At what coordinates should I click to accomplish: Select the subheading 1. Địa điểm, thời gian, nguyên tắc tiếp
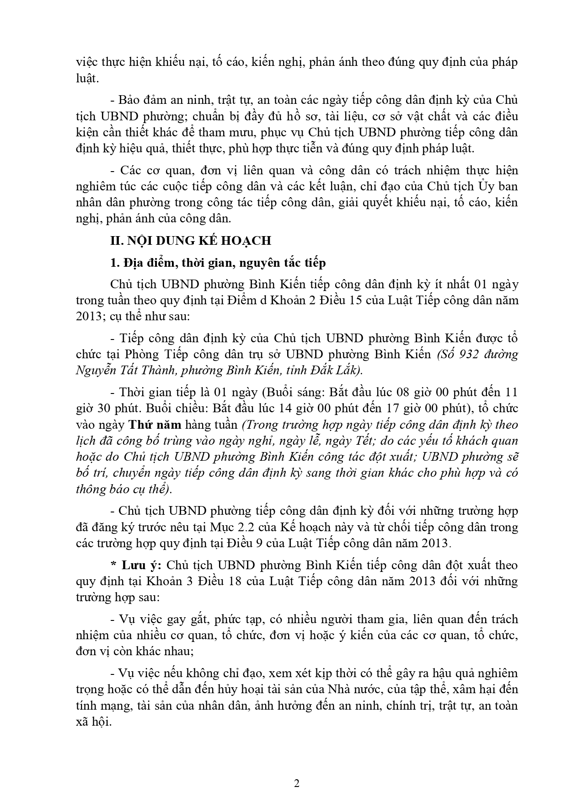(218, 263)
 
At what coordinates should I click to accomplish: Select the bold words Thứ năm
(154, 425)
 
